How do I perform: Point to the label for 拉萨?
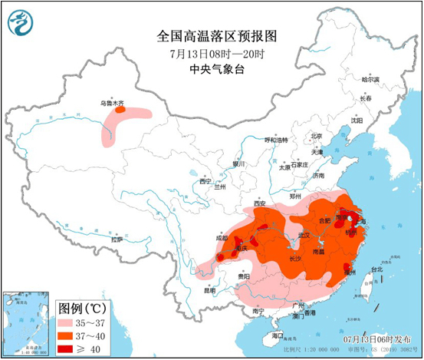[116, 239]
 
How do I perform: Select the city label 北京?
[316, 136]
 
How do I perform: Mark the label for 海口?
[277, 335]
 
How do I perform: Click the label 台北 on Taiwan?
[376, 269]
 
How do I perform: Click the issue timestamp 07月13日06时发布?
[375, 338]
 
